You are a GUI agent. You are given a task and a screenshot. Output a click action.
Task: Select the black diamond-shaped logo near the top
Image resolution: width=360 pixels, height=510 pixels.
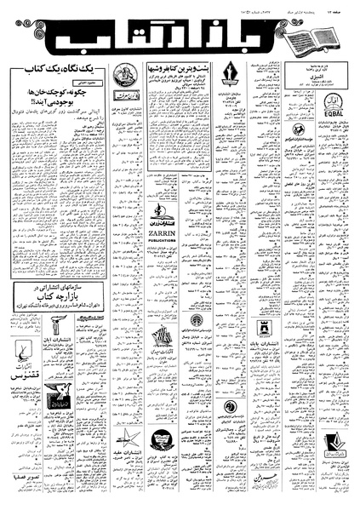point(230,72)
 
